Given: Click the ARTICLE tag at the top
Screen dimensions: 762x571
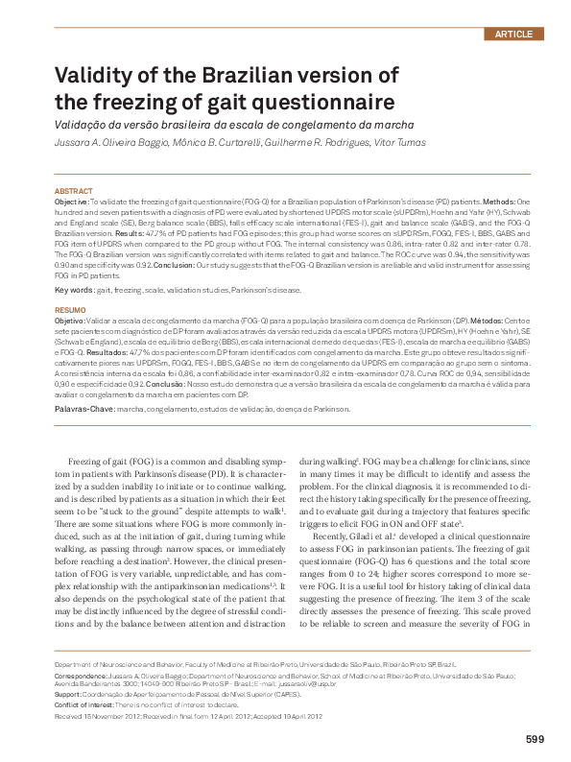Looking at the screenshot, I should point(512,34).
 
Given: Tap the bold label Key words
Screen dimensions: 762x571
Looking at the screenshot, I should point(74,289).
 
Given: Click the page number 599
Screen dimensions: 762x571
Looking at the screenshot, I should point(535,738).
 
